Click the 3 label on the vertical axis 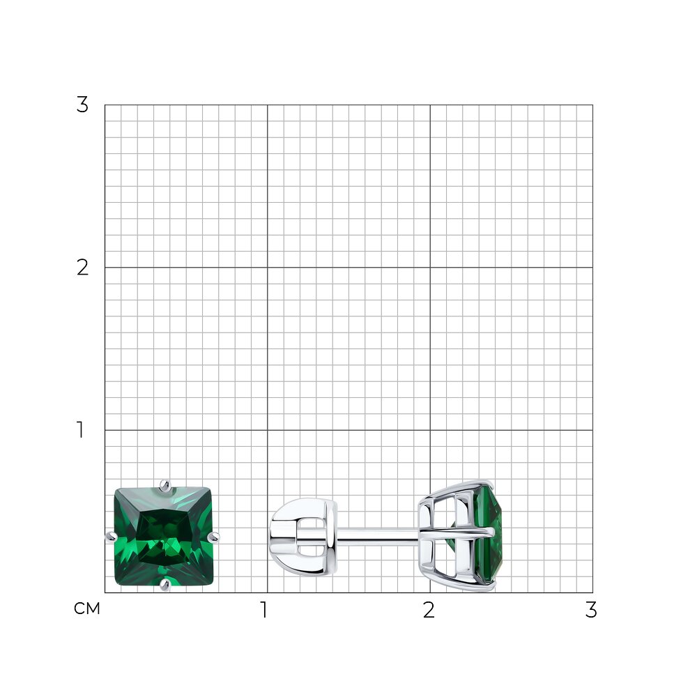coord(82,105)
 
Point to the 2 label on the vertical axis coord(82,268)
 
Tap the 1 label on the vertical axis coord(80,430)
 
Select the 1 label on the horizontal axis coord(264,610)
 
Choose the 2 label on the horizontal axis coord(429,610)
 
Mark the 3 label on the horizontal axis coord(591,610)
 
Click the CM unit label coord(86,608)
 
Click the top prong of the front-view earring coord(165,486)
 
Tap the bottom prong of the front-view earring coord(165,585)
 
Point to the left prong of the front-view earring coord(111,537)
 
